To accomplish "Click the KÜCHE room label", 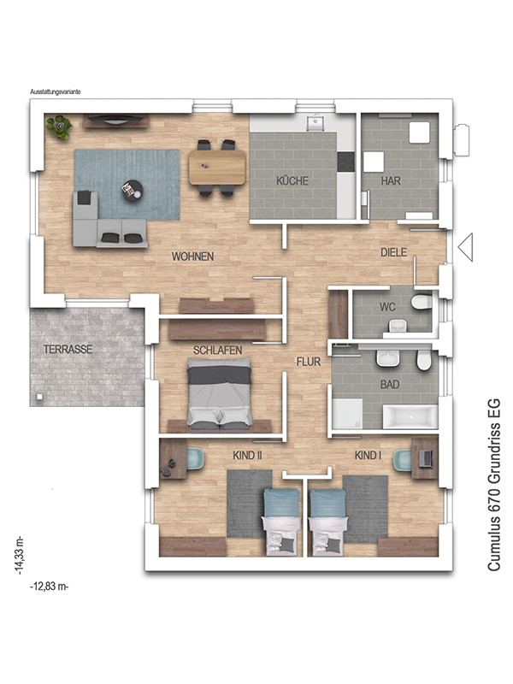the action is pyautogui.click(x=292, y=180).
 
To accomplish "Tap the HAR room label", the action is pyautogui.click(x=391, y=180).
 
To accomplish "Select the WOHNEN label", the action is pyautogui.click(x=193, y=256).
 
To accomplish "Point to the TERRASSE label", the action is pyautogui.click(x=68, y=350).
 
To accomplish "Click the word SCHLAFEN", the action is pyautogui.click(x=218, y=351).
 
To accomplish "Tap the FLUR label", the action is pyautogui.click(x=309, y=362).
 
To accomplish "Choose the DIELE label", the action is pyautogui.click(x=394, y=252).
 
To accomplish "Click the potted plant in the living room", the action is pyautogui.click(x=59, y=127).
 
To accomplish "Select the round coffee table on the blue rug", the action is pyautogui.click(x=132, y=191).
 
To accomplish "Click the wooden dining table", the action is pyautogui.click(x=217, y=167).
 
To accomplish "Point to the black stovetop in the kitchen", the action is pyautogui.click(x=346, y=162).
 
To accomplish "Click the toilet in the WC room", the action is pyautogui.click(x=422, y=302).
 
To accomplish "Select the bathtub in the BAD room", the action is pyautogui.click(x=410, y=417).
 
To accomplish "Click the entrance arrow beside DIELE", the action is pyautogui.click(x=465, y=247).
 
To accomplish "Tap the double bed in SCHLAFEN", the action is pyautogui.click(x=220, y=393).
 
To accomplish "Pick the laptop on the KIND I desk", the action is pyautogui.click(x=426, y=458).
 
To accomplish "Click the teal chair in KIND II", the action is pyautogui.click(x=196, y=460).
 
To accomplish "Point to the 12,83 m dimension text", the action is pyautogui.click(x=50, y=587).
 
